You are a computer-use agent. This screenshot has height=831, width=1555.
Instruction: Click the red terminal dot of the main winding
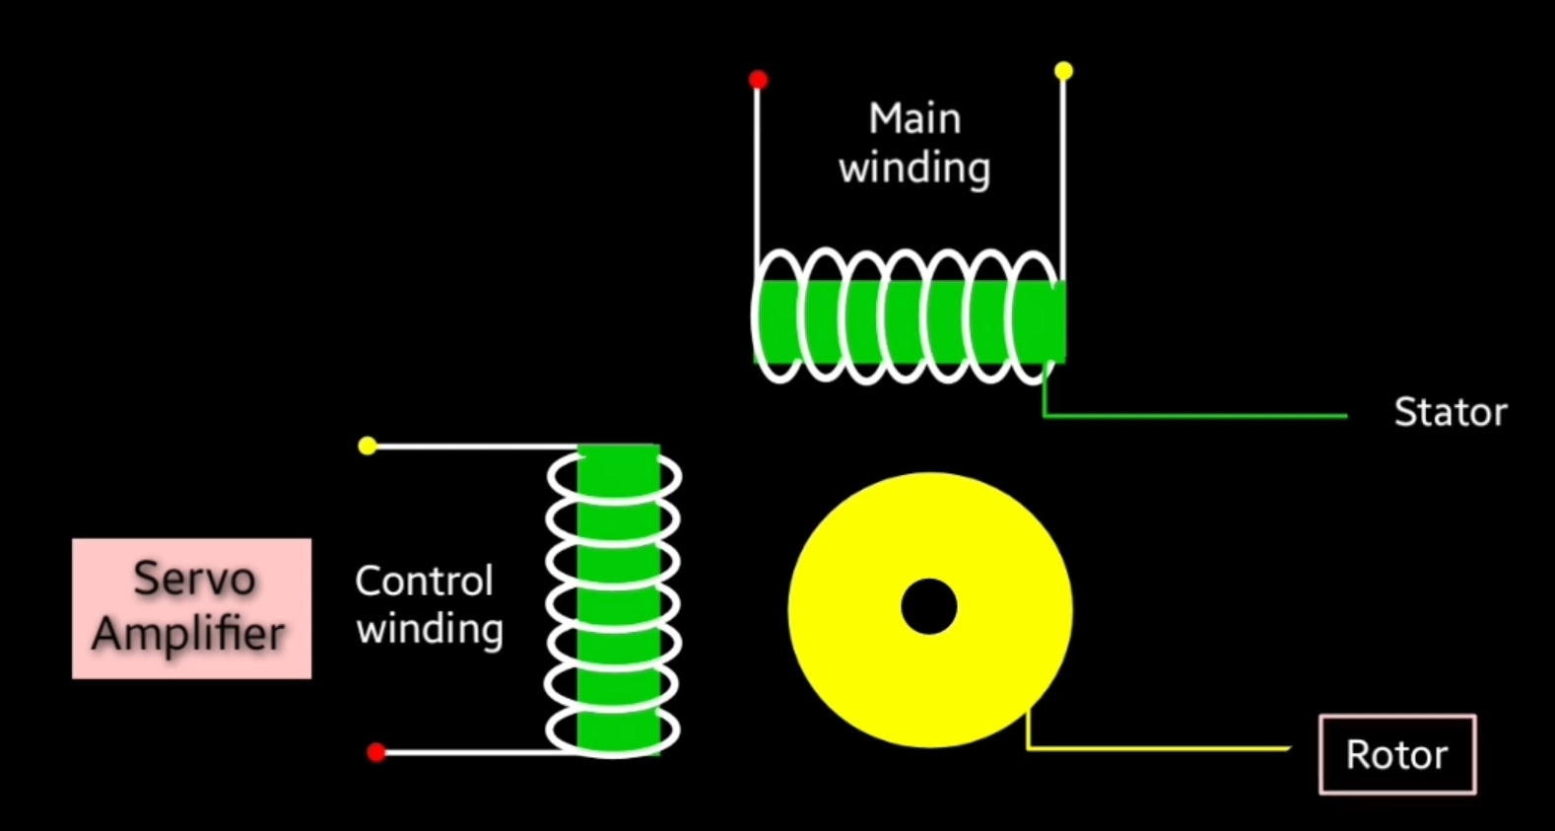pos(758,79)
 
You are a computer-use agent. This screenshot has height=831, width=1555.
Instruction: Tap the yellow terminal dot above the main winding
pos(1063,71)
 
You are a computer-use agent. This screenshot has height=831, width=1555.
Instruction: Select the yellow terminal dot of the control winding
pos(368,446)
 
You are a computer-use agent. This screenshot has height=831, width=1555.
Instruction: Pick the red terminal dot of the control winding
pos(375,752)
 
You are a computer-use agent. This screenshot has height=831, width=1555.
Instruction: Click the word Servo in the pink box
pos(194,579)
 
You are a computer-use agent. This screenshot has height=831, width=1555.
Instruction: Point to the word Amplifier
pos(189,634)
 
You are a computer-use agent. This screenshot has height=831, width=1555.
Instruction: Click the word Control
pos(424,581)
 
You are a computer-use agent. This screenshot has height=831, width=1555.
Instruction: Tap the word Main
pos(914,118)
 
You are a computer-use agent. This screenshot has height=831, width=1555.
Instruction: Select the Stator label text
pos(1450,412)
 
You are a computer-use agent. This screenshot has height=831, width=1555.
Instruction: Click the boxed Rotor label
pos(1396,754)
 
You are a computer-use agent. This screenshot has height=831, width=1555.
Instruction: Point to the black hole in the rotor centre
pos(928,606)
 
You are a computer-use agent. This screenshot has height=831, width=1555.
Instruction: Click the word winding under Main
pos(914,169)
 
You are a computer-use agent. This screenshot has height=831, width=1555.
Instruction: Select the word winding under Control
pos(430,630)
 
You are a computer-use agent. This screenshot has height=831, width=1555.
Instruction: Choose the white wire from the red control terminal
pos(463,753)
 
